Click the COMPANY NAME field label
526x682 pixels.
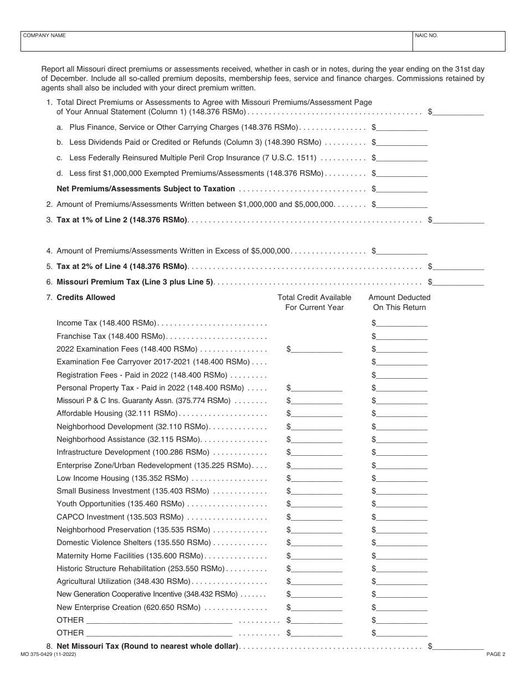[44, 35]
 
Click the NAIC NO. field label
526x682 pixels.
[426, 35]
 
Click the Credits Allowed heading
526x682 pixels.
[86, 298]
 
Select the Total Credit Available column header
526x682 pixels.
[314, 303]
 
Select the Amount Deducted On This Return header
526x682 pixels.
[399, 303]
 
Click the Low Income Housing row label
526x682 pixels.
[122, 478]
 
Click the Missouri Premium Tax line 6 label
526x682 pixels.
[135, 282]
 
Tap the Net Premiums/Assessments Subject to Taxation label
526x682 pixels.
[146, 189]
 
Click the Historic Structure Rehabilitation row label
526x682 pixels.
[141, 569]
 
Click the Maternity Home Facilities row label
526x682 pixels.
[130, 556]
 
